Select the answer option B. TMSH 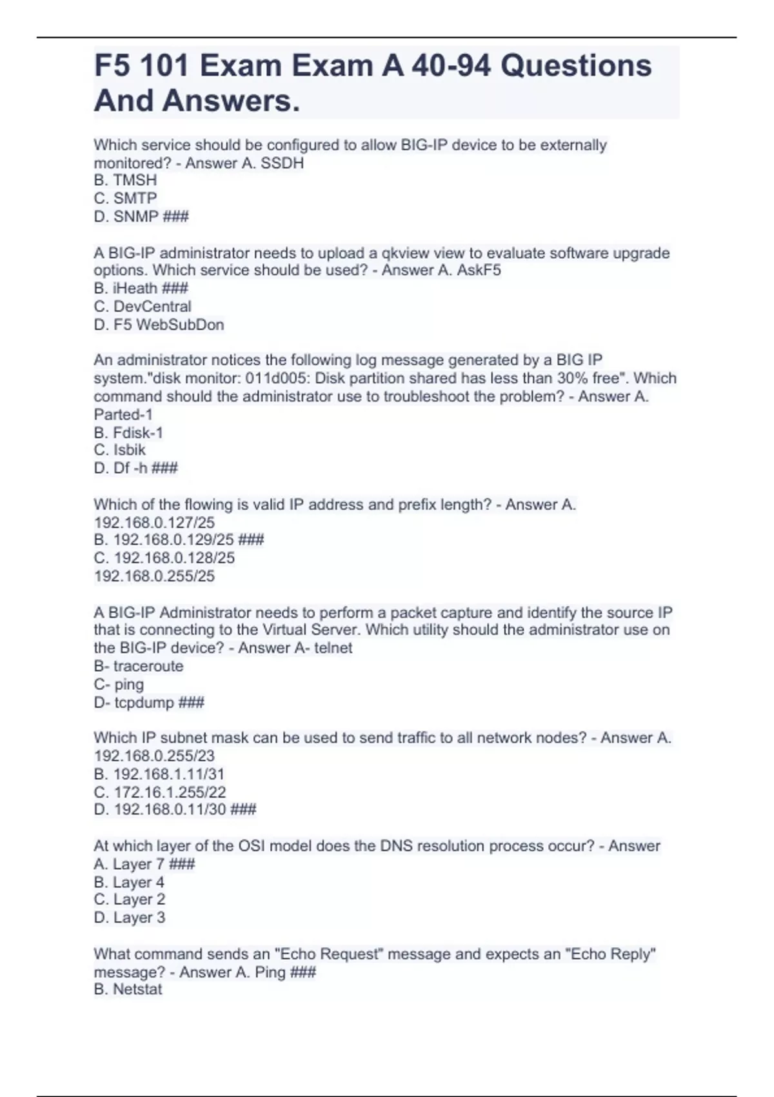pos(125,180)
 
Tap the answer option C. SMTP pos(125,198)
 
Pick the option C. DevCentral pos(143,307)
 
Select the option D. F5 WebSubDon pos(159,325)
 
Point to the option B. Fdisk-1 pos(128,432)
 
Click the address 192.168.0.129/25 pos(173,539)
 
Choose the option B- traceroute pos(139,666)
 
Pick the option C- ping pos(119,684)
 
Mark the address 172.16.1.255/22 pos(170,792)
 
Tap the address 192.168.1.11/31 pos(168,774)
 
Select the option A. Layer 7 pos(129,864)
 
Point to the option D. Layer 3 pos(130,917)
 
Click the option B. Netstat pos(128,989)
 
